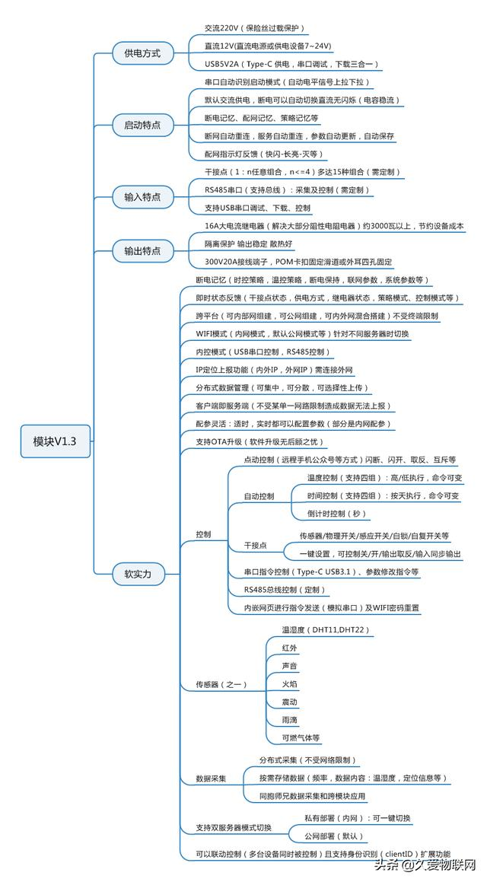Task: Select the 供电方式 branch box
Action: point(137,54)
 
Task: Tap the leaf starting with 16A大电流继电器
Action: point(333,226)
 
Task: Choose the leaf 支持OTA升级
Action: point(259,441)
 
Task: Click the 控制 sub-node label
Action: point(203,534)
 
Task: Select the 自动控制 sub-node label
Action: point(259,496)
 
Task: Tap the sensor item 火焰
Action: point(289,685)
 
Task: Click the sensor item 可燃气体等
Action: point(301,737)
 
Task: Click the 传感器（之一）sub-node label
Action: point(221,685)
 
